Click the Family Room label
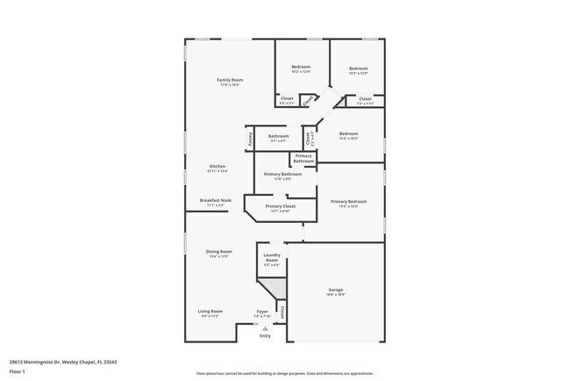pos(230,80)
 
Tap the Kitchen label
pos(217,167)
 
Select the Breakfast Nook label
pos(215,200)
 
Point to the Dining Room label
pos(218,252)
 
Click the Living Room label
pos(210,311)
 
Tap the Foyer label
pos(261,311)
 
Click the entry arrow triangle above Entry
pos(265,327)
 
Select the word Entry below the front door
pos(265,335)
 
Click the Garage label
pos(335,290)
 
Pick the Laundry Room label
pos(272,258)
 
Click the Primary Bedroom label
pos(348,202)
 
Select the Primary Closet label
pos(280,206)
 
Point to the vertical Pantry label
pos(250,139)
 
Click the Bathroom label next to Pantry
pos(279,136)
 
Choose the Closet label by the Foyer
pos(282,311)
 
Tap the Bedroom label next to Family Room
pos(301,68)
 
